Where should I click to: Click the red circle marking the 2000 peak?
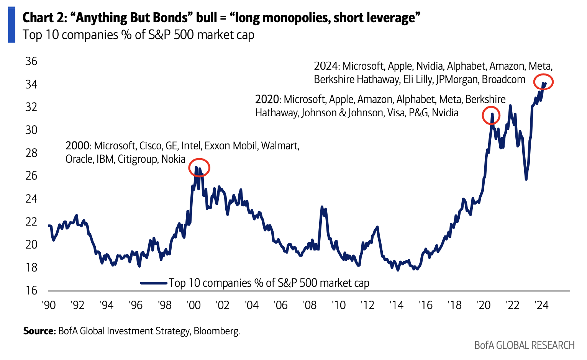click(199, 167)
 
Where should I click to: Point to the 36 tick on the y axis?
click(31, 61)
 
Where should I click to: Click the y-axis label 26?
click(31, 176)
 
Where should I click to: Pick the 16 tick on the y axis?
click(31, 290)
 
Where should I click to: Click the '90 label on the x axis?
click(49, 305)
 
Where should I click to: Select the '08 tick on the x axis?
click(310, 305)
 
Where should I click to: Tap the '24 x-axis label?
click(541, 305)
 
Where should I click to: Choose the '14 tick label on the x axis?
click(397, 305)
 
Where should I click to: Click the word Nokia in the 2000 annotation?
click(173, 159)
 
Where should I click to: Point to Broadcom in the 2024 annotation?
click(503, 79)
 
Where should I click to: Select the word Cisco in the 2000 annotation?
click(151, 146)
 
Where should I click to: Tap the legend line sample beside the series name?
click(154, 283)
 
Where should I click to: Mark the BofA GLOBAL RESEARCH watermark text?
click(524, 345)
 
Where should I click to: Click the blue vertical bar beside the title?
click(11, 25)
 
